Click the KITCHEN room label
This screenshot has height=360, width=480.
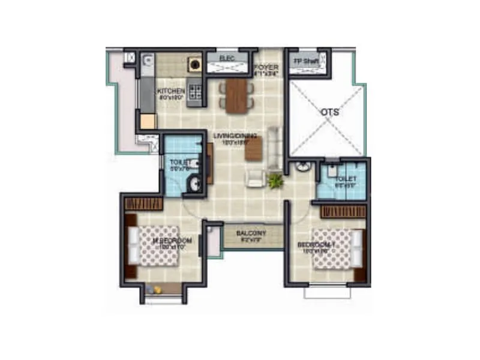(171, 91)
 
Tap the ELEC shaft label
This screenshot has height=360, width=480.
(226, 57)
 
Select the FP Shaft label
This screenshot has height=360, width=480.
(307, 61)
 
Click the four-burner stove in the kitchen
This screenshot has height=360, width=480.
(195, 92)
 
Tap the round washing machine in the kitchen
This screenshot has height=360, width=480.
(195, 63)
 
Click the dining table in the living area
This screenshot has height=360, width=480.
(237, 95)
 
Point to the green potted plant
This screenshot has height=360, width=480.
(277, 180)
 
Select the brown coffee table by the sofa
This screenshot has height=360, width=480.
(253, 148)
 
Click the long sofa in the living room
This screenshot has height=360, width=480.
(274, 148)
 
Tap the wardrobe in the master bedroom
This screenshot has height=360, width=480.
(144, 203)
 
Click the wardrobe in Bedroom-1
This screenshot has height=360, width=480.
(343, 211)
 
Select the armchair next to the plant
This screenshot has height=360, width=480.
(256, 177)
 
